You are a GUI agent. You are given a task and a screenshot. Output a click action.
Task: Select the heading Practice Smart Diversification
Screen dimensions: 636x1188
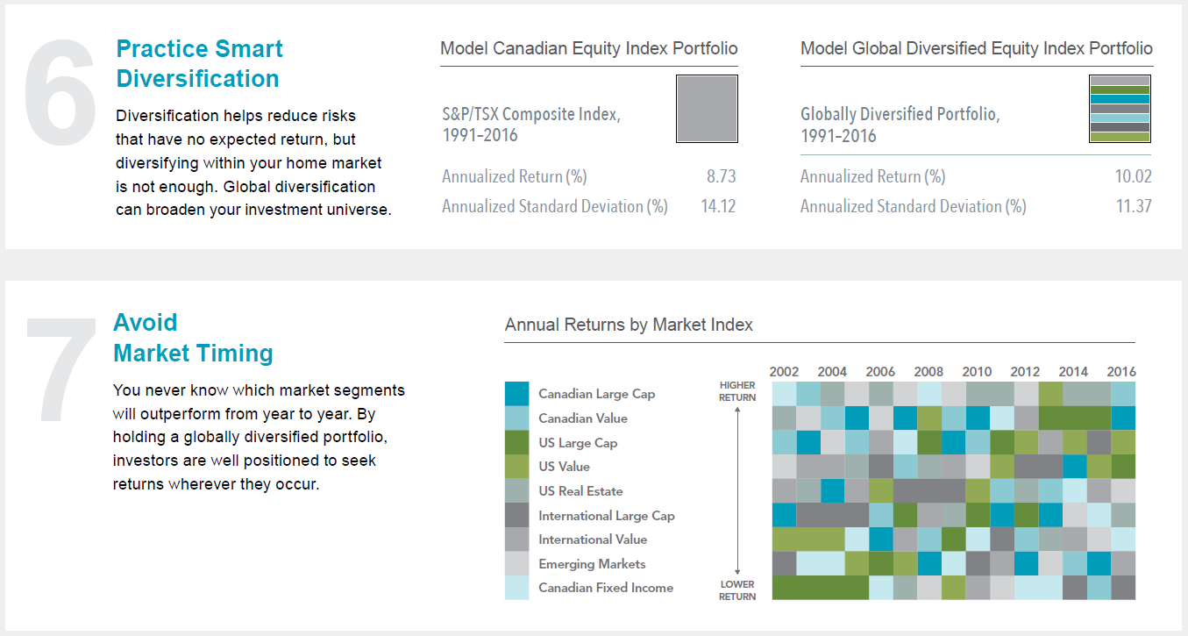click(200, 64)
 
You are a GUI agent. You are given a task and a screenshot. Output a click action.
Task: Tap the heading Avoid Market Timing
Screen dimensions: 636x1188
click(193, 338)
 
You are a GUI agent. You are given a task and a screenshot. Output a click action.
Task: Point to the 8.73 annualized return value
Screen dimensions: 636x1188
click(721, 176)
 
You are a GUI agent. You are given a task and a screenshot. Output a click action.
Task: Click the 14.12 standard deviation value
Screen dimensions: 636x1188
click(718, 206)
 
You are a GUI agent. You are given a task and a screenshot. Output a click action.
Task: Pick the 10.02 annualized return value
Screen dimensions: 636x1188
click(1134, 176)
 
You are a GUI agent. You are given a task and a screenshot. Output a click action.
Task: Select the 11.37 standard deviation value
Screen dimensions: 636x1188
click(1134, 206)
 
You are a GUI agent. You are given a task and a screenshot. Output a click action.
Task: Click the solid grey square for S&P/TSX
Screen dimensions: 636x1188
click(707, 109)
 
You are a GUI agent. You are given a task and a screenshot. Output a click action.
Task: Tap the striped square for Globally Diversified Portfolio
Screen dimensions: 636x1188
click(1119, 109)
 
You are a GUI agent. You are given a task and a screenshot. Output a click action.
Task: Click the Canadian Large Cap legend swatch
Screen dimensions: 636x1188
click(516, 394)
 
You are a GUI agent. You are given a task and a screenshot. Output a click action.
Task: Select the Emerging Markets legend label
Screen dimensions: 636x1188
click(592, 564)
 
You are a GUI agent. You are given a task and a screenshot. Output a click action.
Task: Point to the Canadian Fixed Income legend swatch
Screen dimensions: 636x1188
click(516, 588)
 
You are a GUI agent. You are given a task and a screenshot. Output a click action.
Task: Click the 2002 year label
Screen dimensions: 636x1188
click(784, 371)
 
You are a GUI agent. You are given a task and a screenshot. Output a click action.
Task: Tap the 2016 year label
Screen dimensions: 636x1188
click(1121, 371)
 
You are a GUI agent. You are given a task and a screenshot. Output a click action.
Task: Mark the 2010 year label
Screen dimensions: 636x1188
click(977, 371)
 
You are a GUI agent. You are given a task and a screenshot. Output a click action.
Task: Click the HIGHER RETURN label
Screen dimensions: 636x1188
click(737, 391)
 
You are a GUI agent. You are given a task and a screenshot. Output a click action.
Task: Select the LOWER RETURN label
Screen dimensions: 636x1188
click(737, 590)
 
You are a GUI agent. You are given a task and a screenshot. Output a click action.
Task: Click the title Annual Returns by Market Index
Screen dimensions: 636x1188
click(629, 325)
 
